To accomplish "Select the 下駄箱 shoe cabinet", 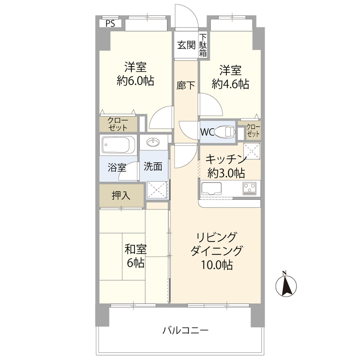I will click(x=203, y=45).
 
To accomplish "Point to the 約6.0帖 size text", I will click(x=135, y=81).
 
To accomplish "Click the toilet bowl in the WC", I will click(x=225, y=132).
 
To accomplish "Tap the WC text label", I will click(x=207, y=132).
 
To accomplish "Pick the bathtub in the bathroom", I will click(x=118, y=145).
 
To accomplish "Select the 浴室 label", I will click(x=117, y=168).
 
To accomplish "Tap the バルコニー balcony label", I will click(x=185, y=331).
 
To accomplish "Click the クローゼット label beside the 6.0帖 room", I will click(x=118, y=124).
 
